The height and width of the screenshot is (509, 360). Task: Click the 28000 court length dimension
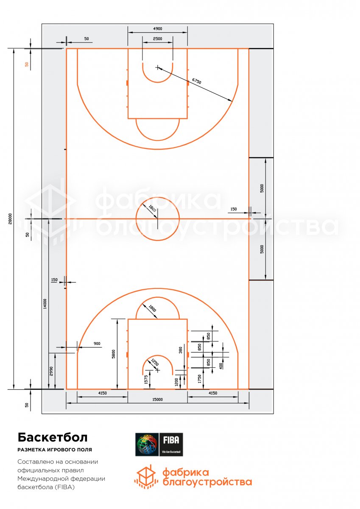click(x=10, y=218)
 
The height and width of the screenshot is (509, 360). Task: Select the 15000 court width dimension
click(x=157, y=400)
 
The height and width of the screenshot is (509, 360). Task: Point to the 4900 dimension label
click(x=158, y=29)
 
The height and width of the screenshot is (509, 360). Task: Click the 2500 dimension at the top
click(x=157, y=39)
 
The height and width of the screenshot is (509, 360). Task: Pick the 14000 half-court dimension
click(x=45, y=304)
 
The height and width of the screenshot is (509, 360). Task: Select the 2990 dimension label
click(x=51, y=371)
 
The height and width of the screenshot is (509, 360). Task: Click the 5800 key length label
click(x=114, y=354)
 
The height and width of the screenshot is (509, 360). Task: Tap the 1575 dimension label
click(x=146, y=380)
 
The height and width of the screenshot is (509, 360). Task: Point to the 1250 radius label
click(x=155, y=362)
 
